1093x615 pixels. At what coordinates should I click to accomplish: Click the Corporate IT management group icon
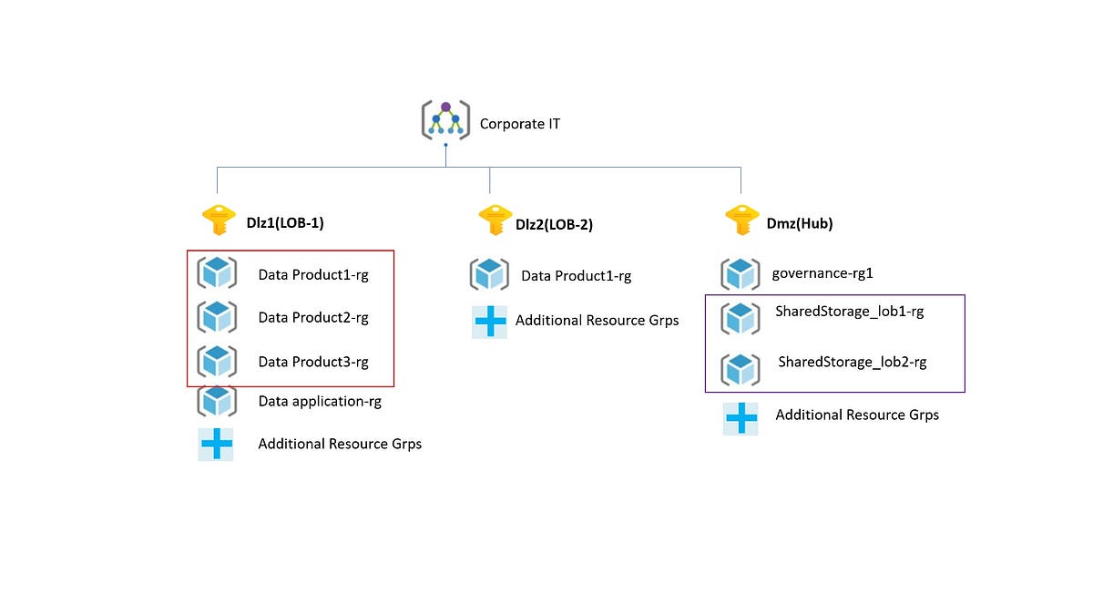tap(444, 120)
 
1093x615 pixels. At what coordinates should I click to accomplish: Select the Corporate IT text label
tap(519, 123)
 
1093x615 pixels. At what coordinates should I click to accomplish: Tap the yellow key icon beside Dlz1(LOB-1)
tap(218, 221)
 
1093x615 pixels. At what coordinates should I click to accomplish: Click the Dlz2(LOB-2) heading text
tap(554, 225)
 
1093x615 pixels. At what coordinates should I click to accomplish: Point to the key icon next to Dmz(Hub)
tap(741, 221)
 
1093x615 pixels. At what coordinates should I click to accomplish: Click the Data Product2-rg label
tap(313, 318)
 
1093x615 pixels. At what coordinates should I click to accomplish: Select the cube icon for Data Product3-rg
tap(217, 361)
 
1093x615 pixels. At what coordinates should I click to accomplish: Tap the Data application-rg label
tap(320, 401)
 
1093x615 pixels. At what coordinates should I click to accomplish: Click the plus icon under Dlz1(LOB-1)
tap(216, 444)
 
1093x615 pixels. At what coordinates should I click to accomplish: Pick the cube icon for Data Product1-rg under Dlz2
tap(489, 274)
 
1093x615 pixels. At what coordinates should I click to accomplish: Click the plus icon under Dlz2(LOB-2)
tap(489, 322)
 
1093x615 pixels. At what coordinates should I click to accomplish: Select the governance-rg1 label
tap(822, 272)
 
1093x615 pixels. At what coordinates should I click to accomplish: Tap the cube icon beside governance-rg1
tap(741, 273)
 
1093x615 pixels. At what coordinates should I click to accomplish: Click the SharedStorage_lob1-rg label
tap(849, 312)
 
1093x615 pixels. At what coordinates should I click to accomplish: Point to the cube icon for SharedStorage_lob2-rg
tap(741, 369)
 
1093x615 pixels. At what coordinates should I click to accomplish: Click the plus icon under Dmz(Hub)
tap(741, 418)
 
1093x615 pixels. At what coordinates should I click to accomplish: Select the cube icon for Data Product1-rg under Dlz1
tap(217, 272)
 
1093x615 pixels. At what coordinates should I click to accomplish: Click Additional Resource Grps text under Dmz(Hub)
tap(856, 415)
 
